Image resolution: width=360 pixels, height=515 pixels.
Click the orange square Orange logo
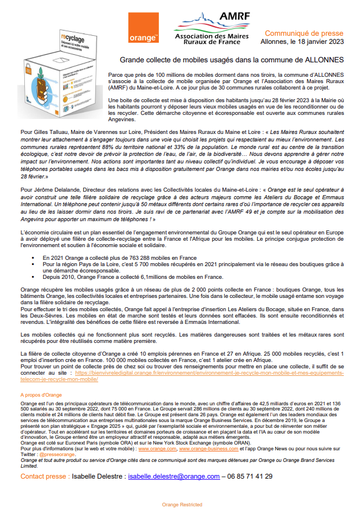click(x=144, y=28)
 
